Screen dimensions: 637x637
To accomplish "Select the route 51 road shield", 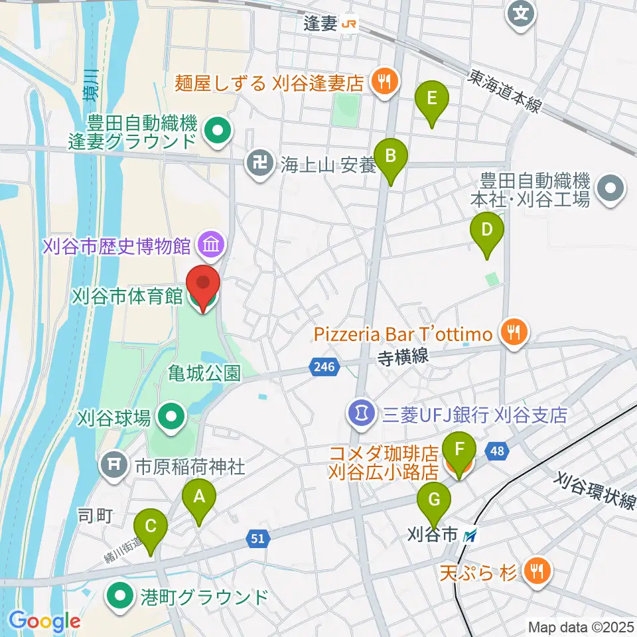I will [x=259, y=539].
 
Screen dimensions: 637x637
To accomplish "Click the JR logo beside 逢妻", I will [x=348, y=25].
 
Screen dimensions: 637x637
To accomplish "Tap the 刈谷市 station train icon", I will [x=470, y=534].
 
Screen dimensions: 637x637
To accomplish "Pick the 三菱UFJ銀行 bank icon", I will [x=360, y=415].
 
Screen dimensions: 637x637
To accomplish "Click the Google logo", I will [x=44, y=622].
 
